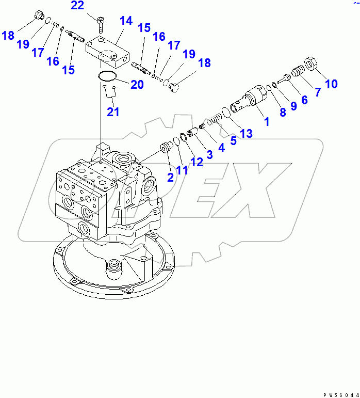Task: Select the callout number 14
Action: point(126,21)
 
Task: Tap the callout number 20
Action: point(137,85)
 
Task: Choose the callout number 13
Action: point(246,134)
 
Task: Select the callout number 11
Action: point(182,170)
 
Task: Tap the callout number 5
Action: point(233,140)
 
